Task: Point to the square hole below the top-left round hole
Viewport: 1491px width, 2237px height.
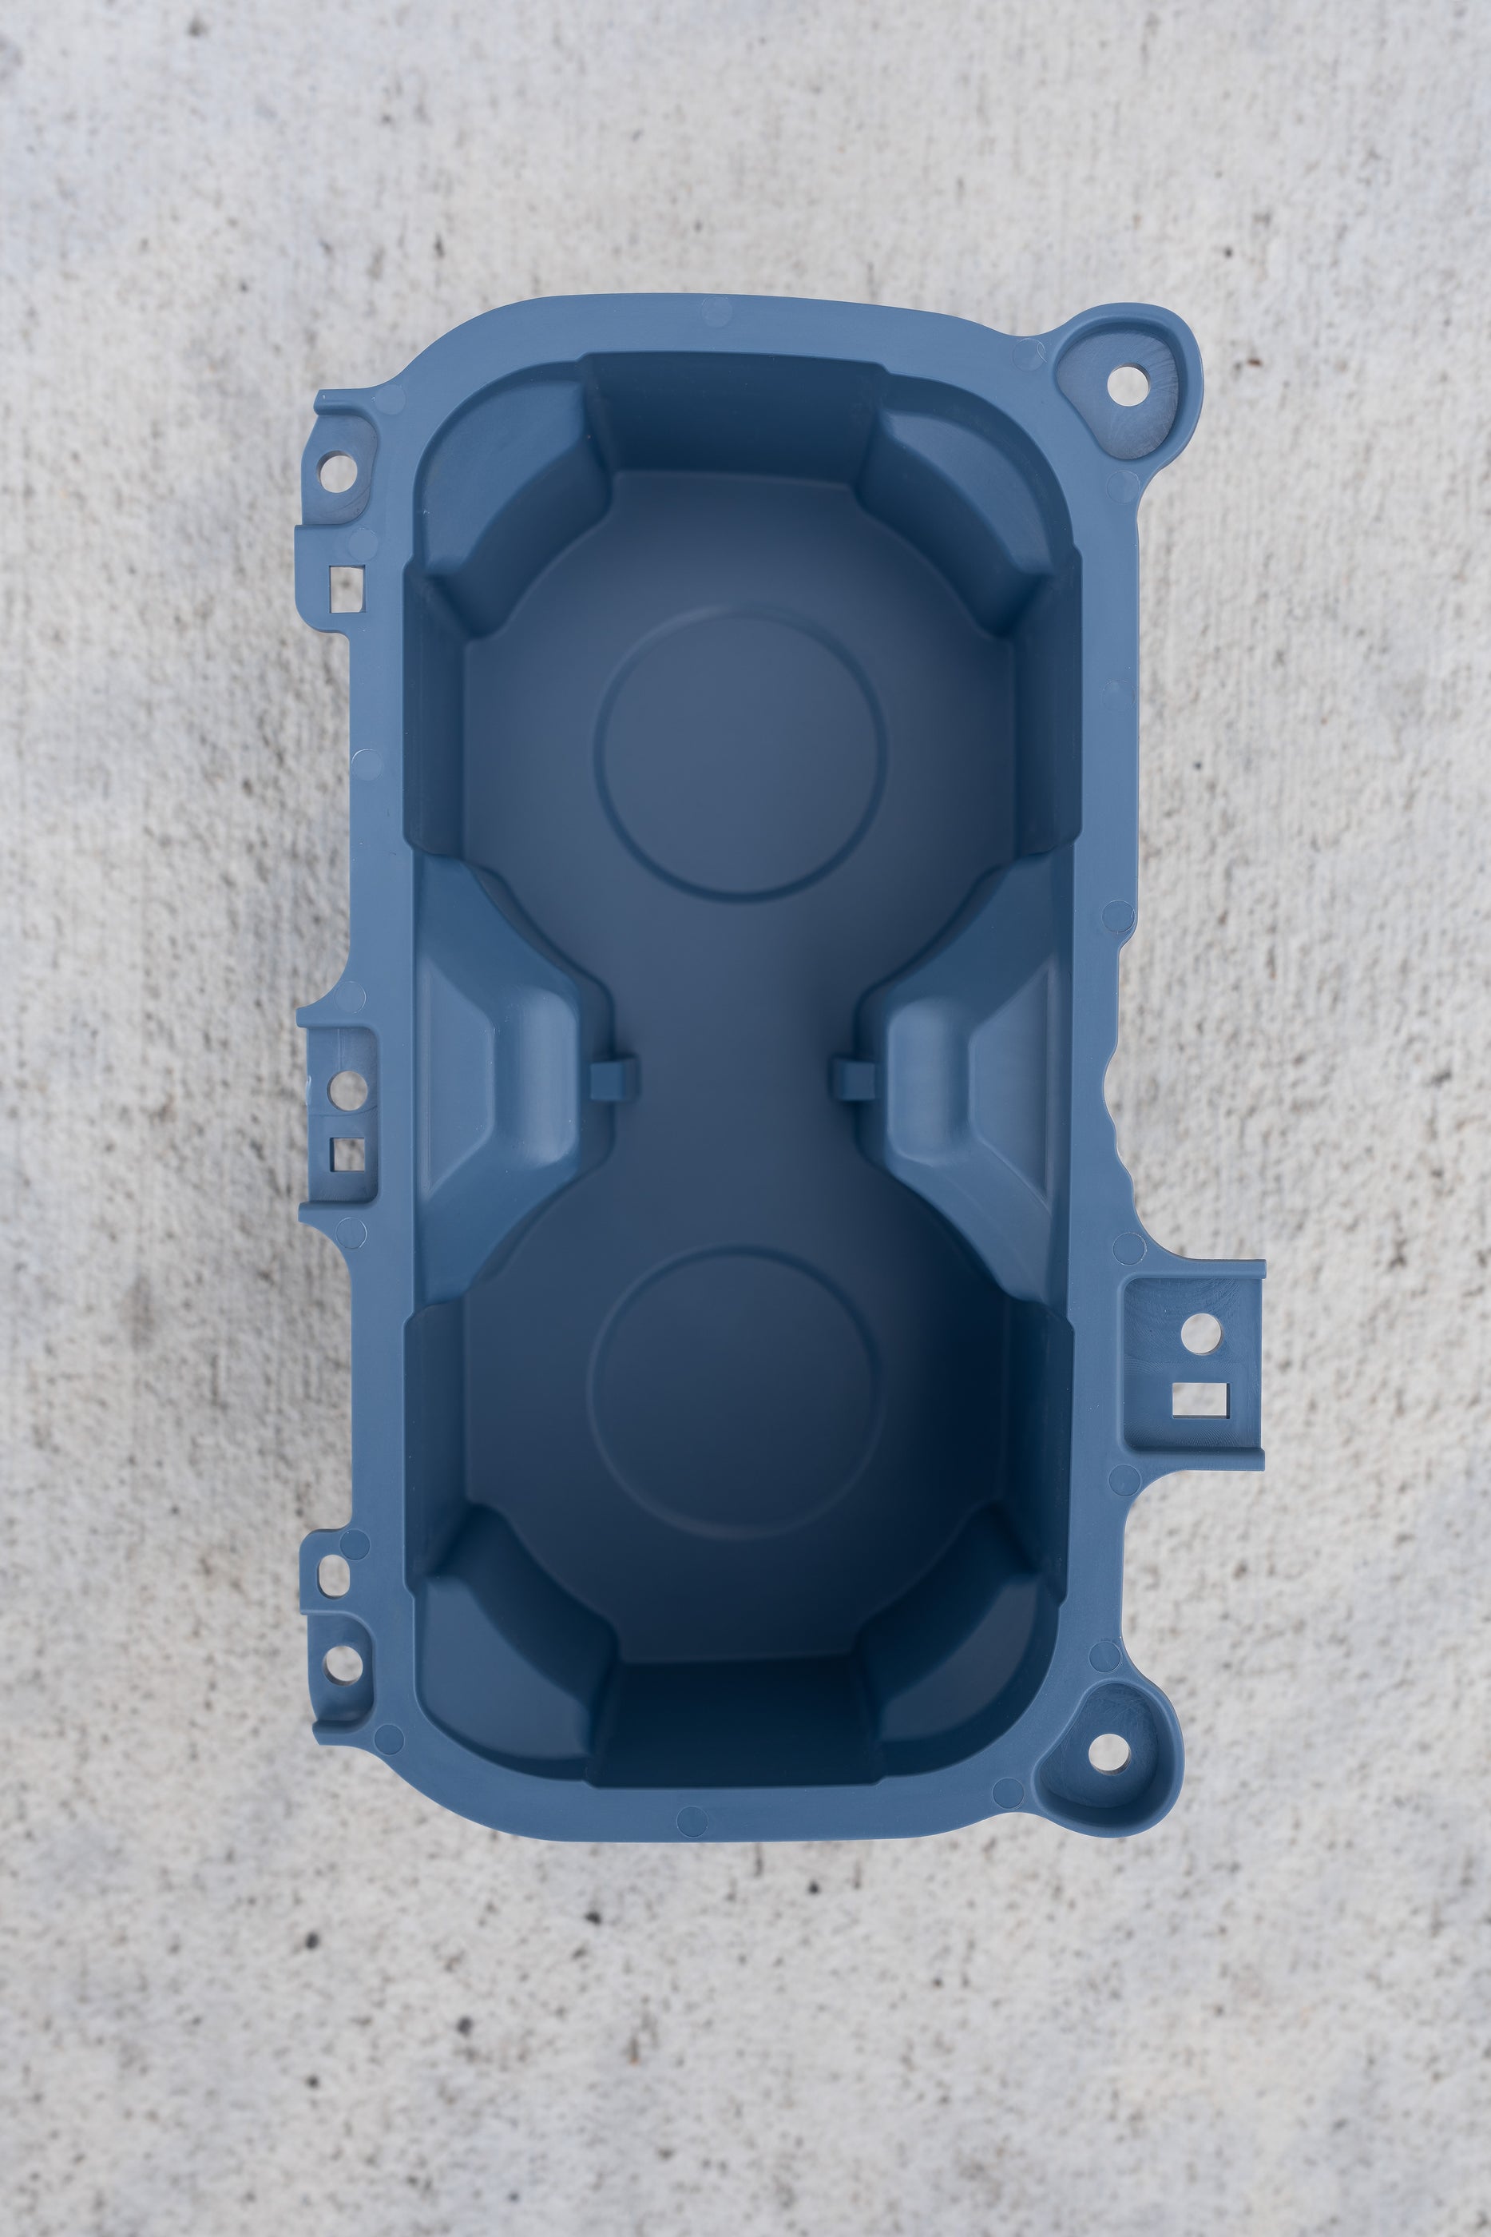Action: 346,588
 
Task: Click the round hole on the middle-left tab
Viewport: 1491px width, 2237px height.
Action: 348,1084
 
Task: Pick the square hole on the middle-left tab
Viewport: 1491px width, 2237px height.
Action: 347,1154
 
